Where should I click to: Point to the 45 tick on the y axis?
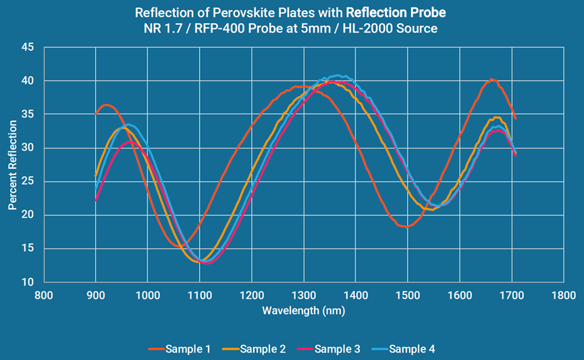click(x=28, y=47)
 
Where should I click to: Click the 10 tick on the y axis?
click(x=28, y=282)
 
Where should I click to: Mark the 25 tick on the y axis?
click(x=28, y=182)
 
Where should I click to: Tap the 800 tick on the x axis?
click(x=44, y=295)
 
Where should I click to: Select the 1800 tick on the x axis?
click(x=564, y=295)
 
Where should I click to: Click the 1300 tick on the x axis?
click(x=304, y=295)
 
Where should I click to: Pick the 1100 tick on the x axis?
click(x=200, y=295)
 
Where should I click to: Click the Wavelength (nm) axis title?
click(x=304, y=310)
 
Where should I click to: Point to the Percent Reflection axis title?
click(x=12, y=165)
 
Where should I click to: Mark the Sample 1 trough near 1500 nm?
click(x=406, y=227)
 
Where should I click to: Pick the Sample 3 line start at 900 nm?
click(x=96, y=201)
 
